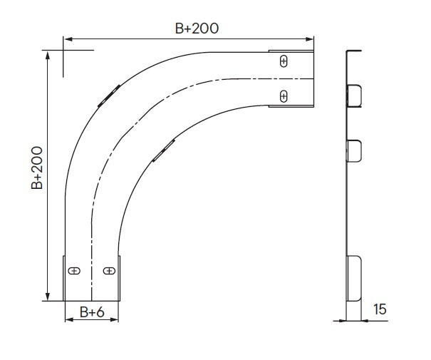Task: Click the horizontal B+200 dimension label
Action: click(197, 29)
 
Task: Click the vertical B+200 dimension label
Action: click(37, 168)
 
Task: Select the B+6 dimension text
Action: click(92, 312)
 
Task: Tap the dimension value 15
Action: click(380, 309)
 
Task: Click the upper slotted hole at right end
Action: click(284, 61)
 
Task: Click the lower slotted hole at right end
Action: click(284, 96)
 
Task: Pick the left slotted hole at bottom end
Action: click(74, 271)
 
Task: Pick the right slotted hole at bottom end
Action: click(109, 271)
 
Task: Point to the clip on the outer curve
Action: click(109, 96)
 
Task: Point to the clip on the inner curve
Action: click(164, 150)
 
